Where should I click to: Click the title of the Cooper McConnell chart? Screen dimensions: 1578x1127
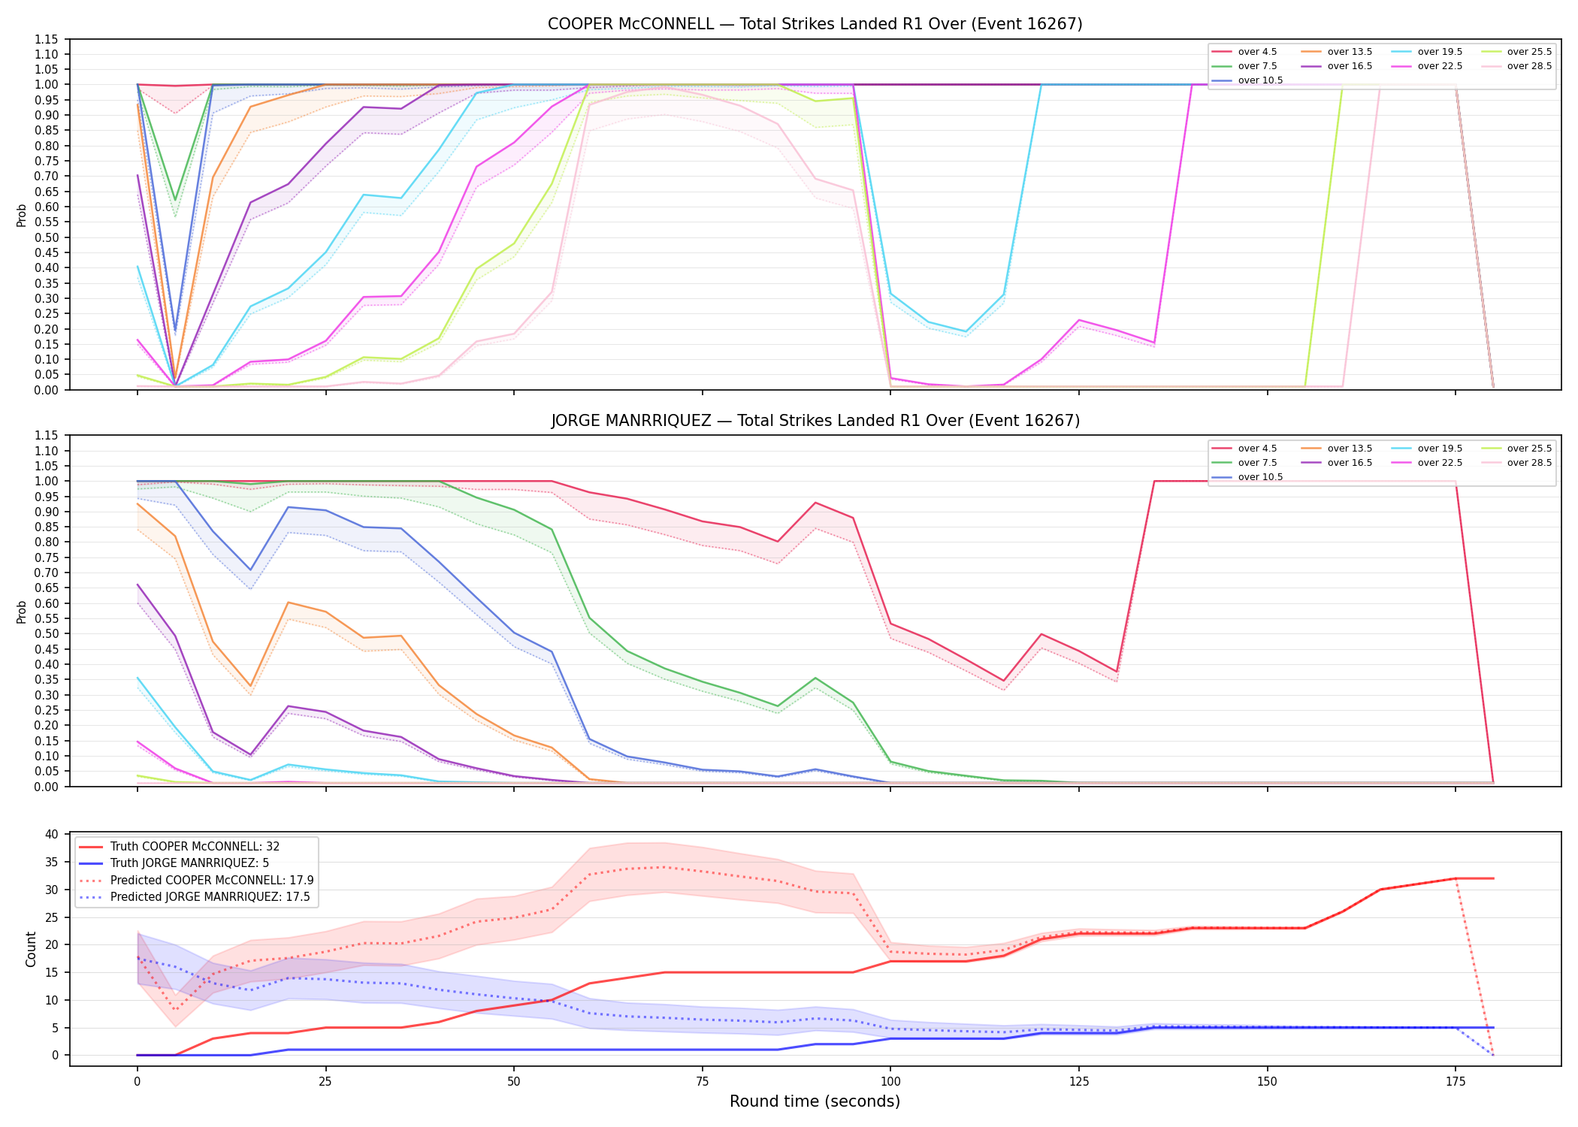click(815, 24)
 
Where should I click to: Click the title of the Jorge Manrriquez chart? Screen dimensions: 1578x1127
click(815, 421)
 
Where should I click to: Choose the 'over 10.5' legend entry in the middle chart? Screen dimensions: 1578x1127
click(1247, 477)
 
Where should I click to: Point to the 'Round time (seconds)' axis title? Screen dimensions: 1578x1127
click(815, 1101)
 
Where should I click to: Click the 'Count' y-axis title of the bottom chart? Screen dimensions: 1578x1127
click(31, 949)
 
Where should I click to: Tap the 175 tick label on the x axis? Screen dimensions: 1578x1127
click(1456, 1082)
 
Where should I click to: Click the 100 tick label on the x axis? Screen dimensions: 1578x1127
click(890, 1082)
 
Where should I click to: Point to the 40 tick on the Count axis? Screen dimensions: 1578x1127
click(52, 834)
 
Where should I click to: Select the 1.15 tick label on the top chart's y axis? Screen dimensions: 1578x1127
click(46, 39)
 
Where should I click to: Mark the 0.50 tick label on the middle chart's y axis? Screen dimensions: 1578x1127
click(46, 634)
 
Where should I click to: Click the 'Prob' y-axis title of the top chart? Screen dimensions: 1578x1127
click(22, 215)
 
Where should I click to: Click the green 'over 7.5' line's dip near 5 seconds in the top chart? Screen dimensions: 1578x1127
click(175, 200)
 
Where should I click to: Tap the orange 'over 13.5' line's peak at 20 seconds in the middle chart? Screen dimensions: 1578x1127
click(288, 603)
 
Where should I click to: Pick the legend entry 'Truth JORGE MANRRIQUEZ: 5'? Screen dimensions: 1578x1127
click(174, 863)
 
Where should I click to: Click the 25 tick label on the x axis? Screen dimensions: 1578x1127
click(325, 1082)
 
